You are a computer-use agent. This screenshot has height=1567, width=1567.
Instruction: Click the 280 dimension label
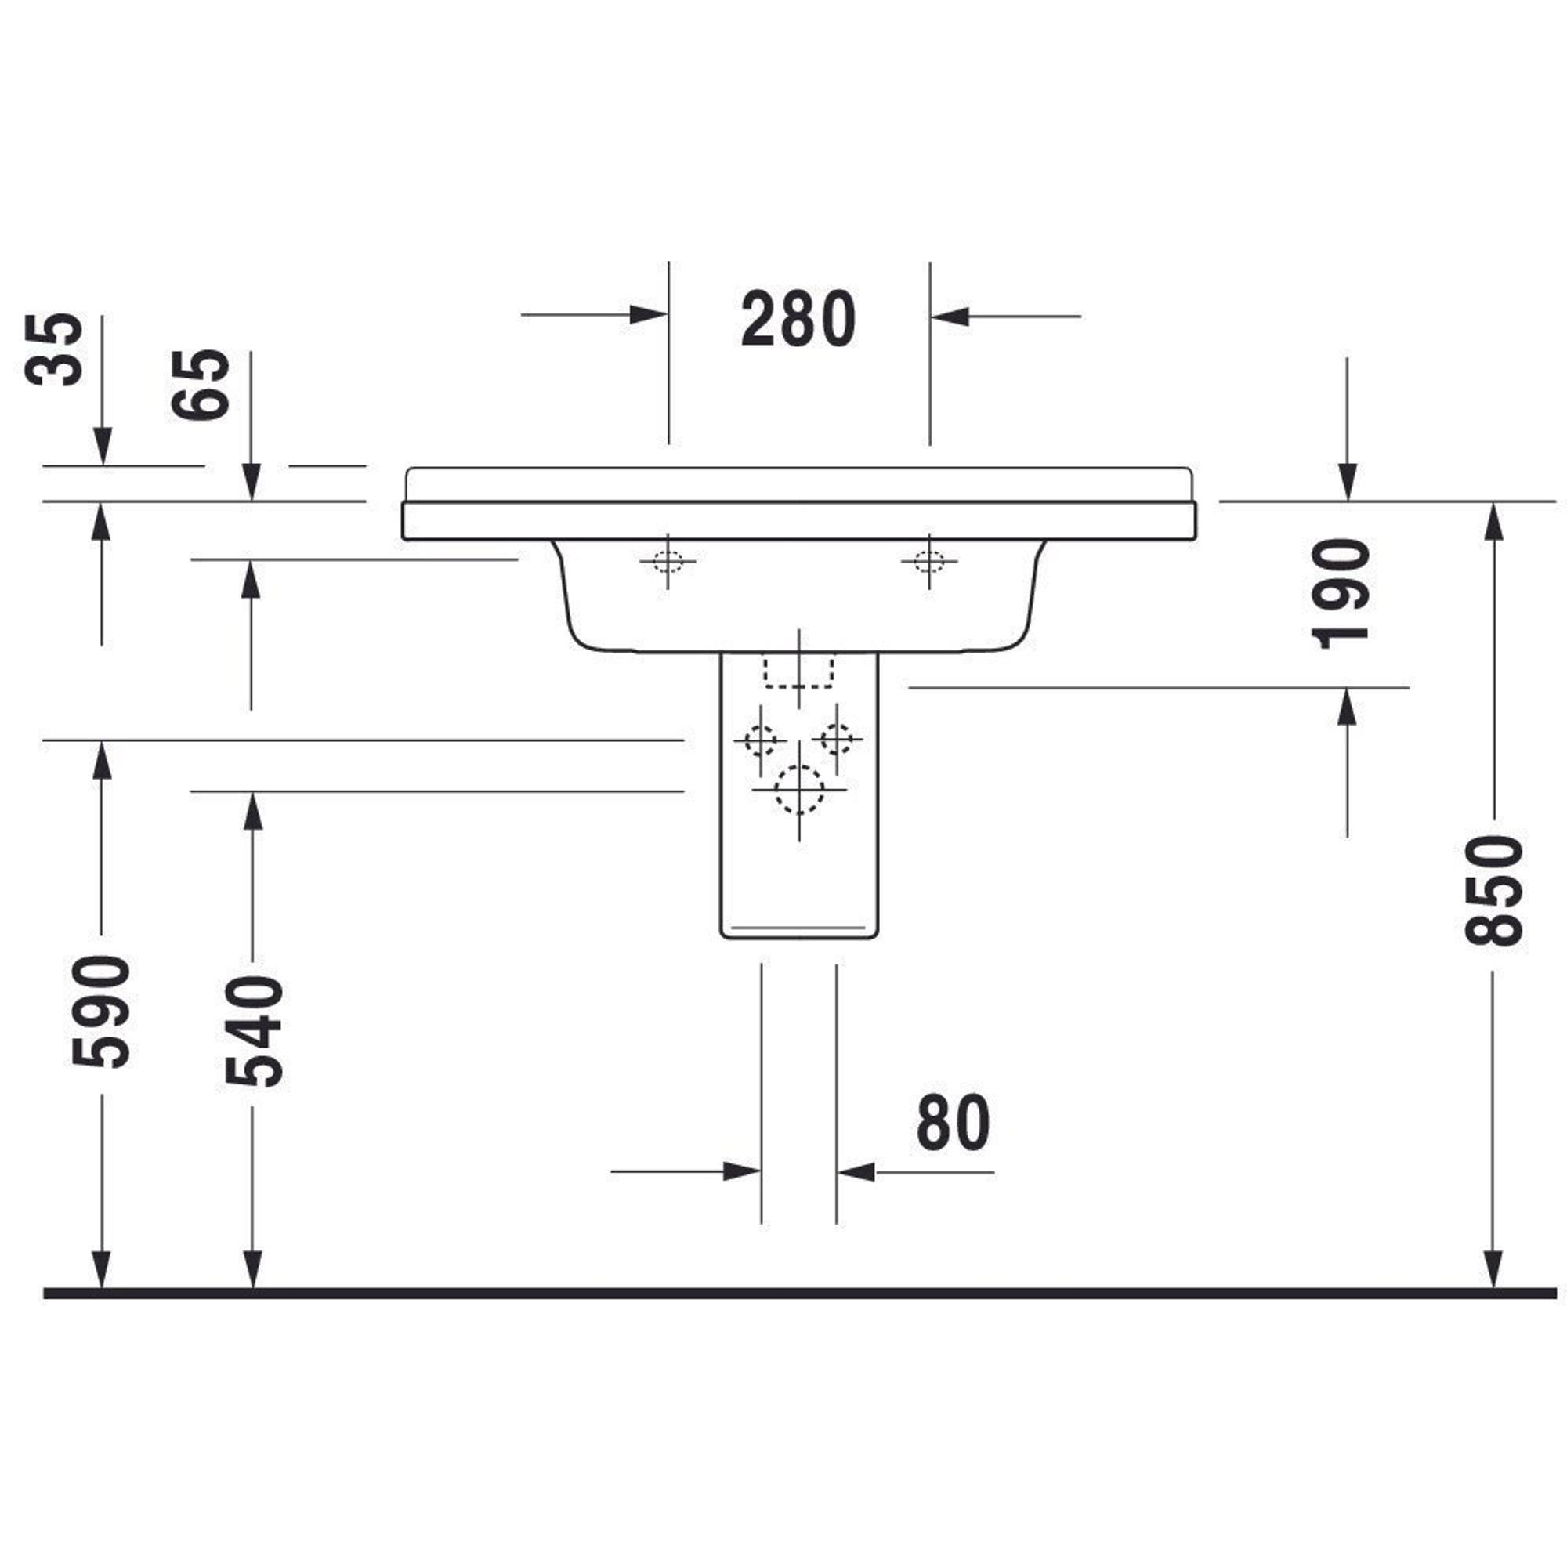pos(798,319)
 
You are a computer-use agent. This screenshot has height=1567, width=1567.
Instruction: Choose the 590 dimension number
pos(100,1011)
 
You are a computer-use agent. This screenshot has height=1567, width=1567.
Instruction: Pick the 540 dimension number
pos(254,1031)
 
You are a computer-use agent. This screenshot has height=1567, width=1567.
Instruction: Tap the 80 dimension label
pos(953,1122)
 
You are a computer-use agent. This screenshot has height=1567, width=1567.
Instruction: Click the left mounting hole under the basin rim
pos(668,560)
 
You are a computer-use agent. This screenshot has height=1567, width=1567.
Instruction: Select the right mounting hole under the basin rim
pos(929,560)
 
